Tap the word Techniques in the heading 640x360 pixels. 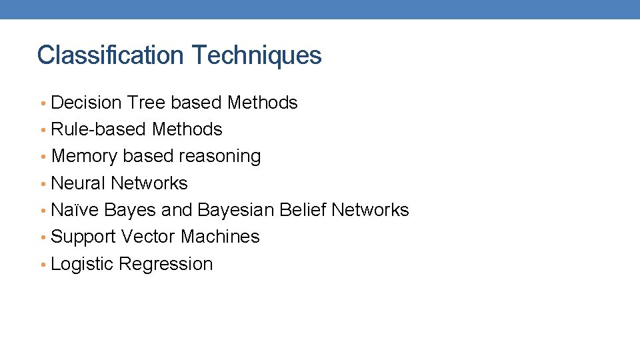click(x=257, y=55)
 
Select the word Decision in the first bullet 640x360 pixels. click(x=86, y=103)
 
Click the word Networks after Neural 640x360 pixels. click(x=149, y=183)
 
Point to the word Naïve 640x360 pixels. click(x=75, y=210)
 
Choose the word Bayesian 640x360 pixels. click(x=236, y=210)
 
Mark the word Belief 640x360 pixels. click(x=303, y=210)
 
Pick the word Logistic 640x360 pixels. click(x=82, y=264)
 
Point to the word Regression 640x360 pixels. click(x=166, y=264)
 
